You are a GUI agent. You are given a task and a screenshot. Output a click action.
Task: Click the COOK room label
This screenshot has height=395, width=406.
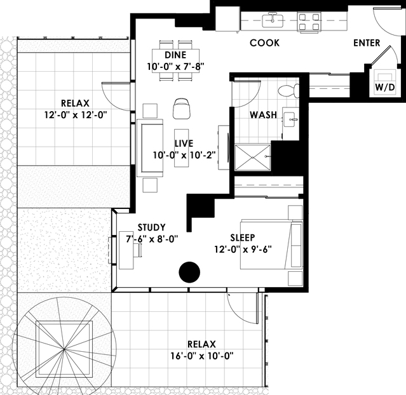coord(264,43)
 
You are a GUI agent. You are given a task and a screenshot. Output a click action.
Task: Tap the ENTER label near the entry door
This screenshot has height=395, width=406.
coord(367,43)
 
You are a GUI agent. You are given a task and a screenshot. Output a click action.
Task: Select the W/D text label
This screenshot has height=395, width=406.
coord(385,87)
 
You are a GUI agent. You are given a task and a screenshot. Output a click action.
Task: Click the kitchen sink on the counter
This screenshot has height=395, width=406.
coord(273,20)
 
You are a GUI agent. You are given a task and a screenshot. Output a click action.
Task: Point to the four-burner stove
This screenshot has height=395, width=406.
coord(309,22)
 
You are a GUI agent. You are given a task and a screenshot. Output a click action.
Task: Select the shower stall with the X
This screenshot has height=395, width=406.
coord(252,157)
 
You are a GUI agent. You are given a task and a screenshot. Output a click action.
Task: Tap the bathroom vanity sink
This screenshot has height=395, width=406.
coord(290,119)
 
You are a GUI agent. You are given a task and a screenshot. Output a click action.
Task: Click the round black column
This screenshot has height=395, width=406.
coord(189,272)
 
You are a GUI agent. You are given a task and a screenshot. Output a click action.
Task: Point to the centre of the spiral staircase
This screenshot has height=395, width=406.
coord(64,350)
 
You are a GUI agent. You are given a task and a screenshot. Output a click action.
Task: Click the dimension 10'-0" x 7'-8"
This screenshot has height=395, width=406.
coord(175,67)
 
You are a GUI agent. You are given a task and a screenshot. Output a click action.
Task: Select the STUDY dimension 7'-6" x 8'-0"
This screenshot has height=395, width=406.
coord(152,239)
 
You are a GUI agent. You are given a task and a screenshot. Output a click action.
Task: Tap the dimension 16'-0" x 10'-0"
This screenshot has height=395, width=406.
coord(201,356)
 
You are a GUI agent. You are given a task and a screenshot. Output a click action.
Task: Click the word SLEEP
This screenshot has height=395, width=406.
coord(243,238)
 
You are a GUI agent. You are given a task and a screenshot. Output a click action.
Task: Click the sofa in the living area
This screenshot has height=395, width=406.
coord(150,148)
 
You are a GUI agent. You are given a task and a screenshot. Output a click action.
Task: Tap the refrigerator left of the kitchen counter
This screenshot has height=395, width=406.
coord(227,18)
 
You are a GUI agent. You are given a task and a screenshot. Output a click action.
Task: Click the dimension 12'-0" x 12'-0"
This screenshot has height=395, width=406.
coord(76,115)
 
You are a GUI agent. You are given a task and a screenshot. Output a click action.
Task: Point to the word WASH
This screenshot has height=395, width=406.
coord(263,115)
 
